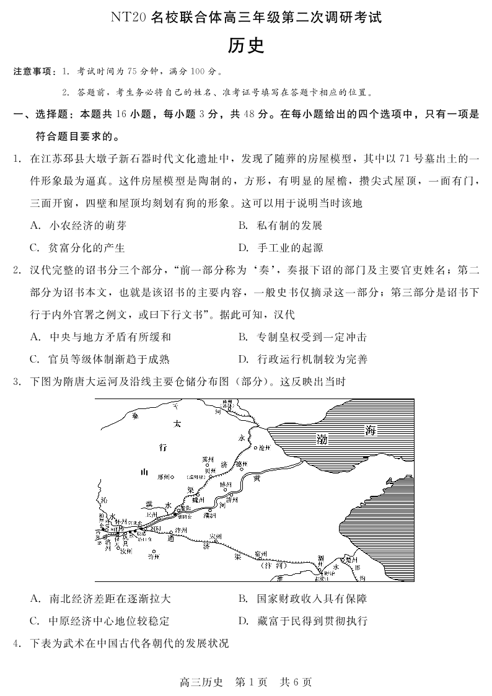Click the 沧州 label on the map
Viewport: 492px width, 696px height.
point(265,447)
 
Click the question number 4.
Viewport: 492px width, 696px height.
point(18,643)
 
